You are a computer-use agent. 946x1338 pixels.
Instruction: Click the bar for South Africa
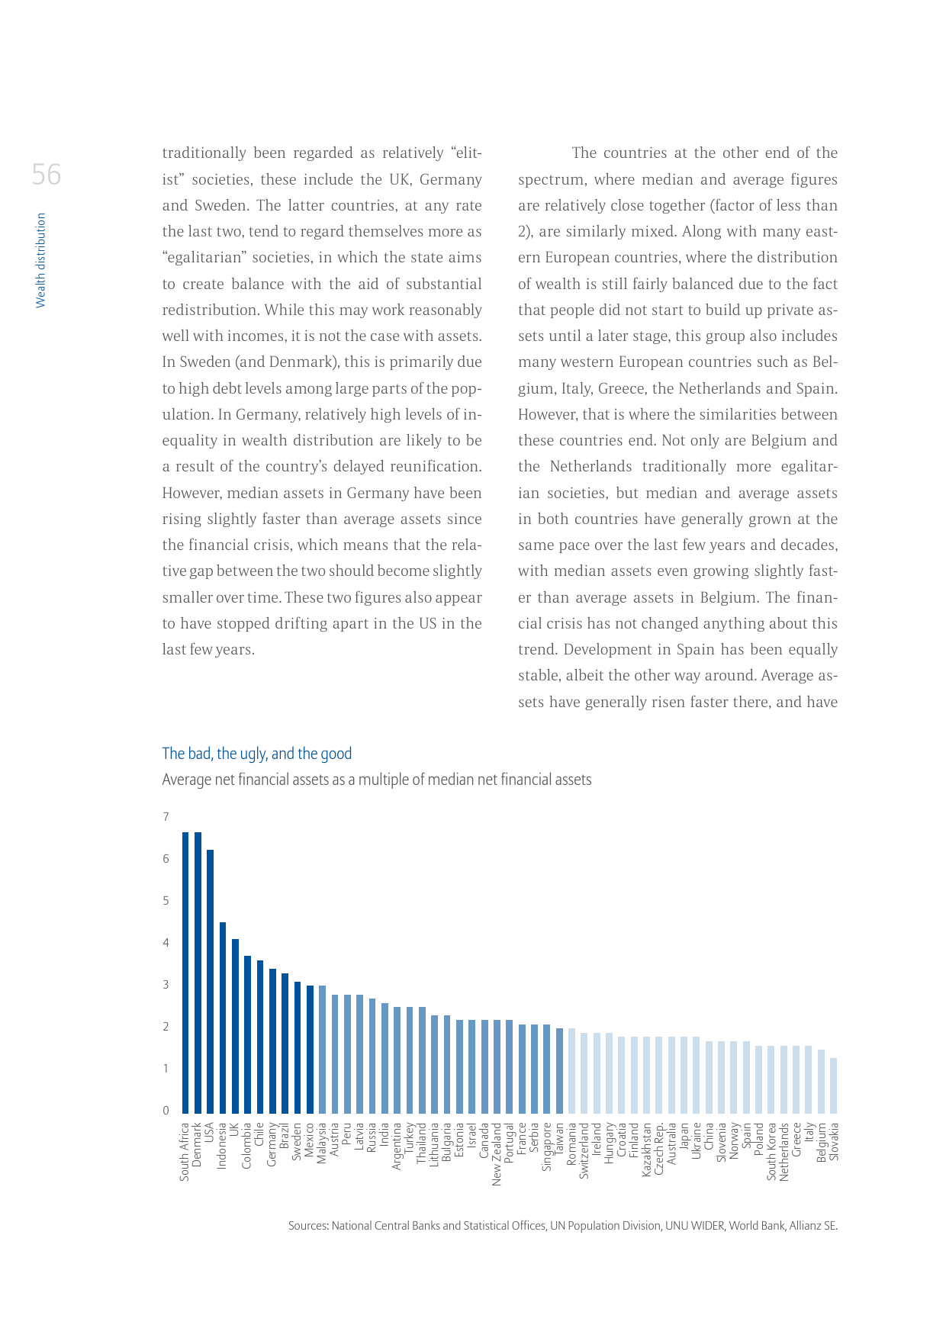pos(185,973)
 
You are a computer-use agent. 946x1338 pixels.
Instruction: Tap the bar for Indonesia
pos(223,1018)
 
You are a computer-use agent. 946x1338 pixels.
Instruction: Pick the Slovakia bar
pos(834,1086)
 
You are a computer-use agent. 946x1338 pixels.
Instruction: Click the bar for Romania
pos(571,1071)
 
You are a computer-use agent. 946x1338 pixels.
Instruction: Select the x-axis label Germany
pos(272,1144)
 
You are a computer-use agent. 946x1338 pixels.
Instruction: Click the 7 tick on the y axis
pos(166,817)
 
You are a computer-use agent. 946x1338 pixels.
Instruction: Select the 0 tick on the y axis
pos(166,1111)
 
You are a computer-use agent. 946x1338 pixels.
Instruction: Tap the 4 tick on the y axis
pos(166,943)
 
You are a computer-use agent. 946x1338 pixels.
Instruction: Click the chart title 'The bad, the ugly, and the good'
pos(256,754)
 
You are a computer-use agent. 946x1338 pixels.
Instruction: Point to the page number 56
pos(47,175)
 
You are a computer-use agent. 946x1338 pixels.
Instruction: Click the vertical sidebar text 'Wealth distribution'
pos(41,260)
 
